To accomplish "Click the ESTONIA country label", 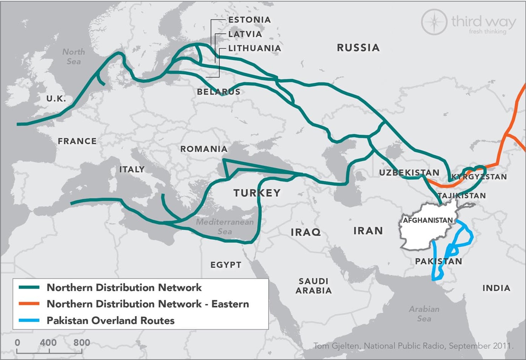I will (249, 20).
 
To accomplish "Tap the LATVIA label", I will (245, 34).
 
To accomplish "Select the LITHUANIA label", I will (254, 48).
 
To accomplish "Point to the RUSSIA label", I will (358, 48).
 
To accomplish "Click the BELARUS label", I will (219, 92).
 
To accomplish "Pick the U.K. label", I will (56, 99).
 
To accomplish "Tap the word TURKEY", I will (257, 193).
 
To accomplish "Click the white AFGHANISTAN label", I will (428, 220).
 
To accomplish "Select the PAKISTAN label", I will (439, 261).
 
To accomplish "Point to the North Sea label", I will (74, 57).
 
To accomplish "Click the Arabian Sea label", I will (424, 314).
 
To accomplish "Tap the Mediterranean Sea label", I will (225, 227).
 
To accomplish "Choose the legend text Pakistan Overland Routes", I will (111, 321).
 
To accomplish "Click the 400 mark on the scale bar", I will (48, 343).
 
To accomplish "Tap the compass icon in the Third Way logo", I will (434, 22).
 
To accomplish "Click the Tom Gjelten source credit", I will (413, 346).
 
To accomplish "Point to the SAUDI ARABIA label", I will (313, 286).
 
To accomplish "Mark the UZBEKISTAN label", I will (409, 173).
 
